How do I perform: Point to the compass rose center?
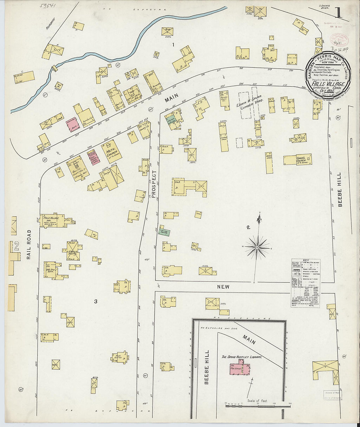[x=257, y=248]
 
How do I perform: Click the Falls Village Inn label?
[x=51, y=219]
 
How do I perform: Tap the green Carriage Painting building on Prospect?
[x=164, y=231]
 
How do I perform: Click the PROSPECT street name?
[x=154, y=180]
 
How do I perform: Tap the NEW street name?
[x=223, y=287]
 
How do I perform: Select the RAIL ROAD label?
[x=29, y=244]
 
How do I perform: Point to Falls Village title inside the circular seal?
[x=328, y=84]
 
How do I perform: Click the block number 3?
[x=96, y=301]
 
